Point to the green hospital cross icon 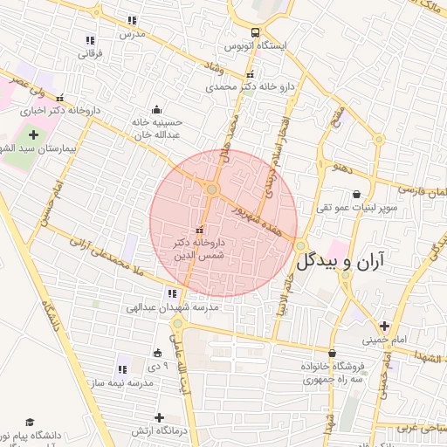(34, 135)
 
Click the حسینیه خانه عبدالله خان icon (156, 110)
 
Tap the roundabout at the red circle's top (211, 189)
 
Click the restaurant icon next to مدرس (132, 20)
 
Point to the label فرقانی (90, 54)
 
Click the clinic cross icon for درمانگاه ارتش (158, 418)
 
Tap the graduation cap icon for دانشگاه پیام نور (30, 422)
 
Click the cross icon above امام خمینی (383, 326)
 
